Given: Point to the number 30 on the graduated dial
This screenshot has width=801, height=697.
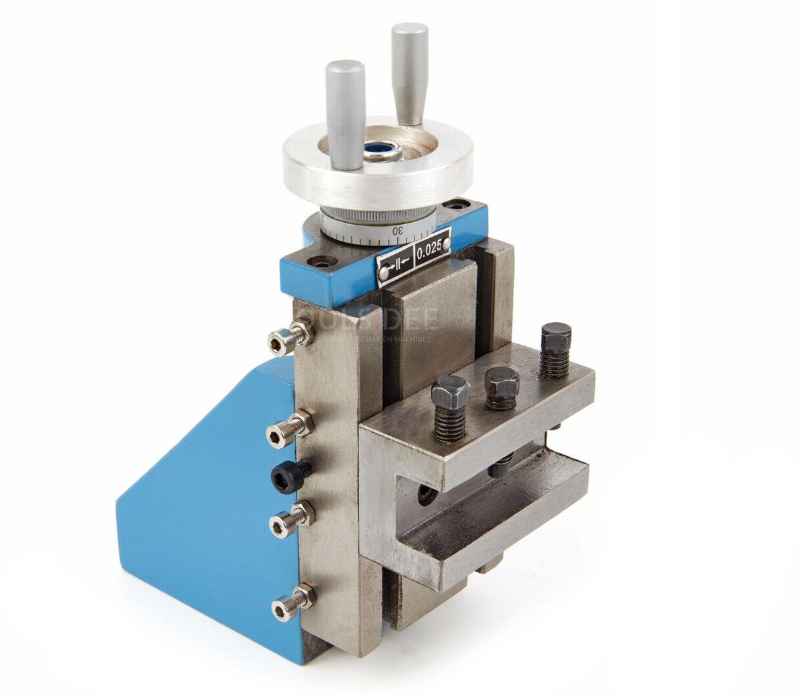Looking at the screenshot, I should tap(398, 230).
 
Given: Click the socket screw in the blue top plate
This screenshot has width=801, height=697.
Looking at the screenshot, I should tap(324, 263).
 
